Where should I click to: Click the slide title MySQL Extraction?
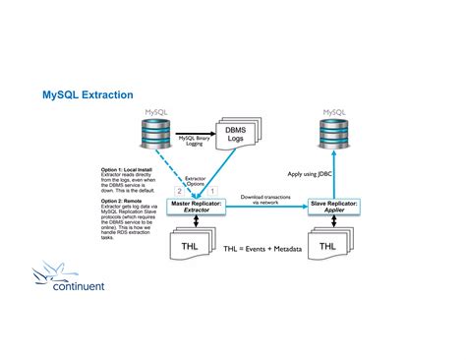(87, 95)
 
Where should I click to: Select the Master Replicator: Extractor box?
(197, 206)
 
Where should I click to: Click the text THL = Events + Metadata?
(262, 250)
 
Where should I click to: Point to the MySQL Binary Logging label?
(196, 141)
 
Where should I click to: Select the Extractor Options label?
(197, 180)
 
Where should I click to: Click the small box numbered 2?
(179, 190)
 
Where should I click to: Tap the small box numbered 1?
(213, 190)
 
